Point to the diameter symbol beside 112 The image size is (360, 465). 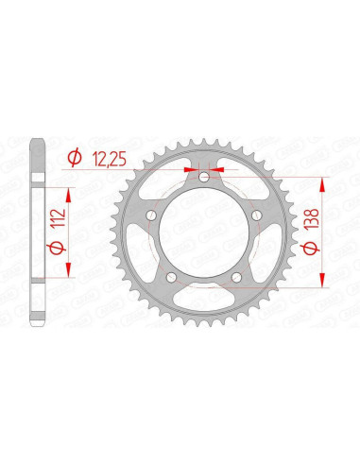pos(58,244)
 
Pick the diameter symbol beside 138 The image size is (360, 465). pos(323,251)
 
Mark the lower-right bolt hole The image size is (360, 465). pos(240,277)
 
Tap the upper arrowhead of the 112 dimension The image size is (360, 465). pos(69,181)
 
